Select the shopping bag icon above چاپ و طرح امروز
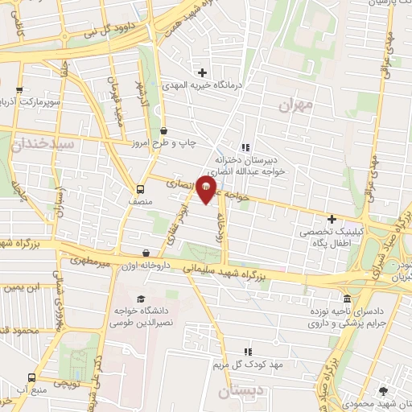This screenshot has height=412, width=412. pos(164,130)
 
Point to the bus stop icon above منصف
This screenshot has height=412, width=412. pos(141,190)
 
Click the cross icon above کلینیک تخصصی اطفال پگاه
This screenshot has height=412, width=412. pos(332,219)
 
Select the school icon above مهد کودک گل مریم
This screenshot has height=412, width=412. pos(248,352)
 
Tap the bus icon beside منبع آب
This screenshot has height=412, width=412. pos(31,377)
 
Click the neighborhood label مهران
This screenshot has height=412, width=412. pos(294,105)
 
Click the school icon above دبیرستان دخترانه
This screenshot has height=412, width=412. pos(246,147)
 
